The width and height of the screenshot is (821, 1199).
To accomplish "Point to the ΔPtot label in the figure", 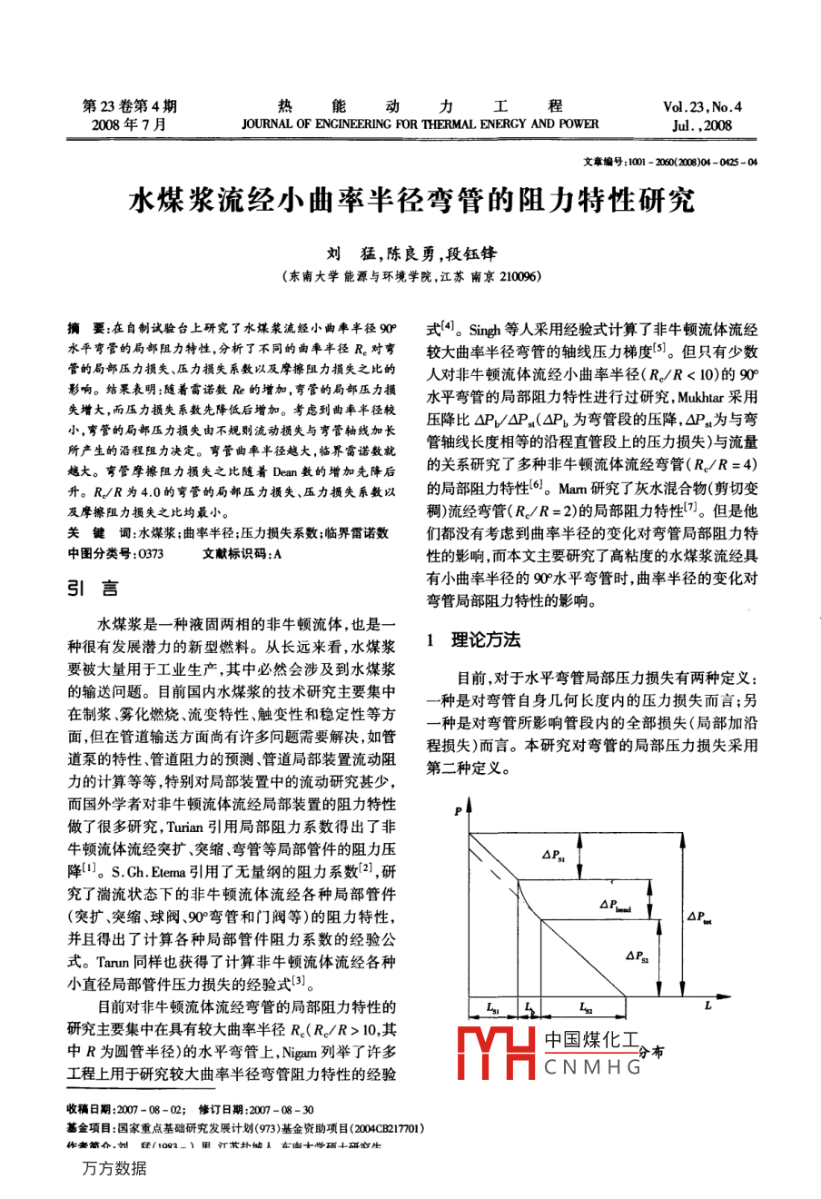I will click(699, 917).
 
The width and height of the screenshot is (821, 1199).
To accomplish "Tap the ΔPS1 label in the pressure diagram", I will click(553, 855).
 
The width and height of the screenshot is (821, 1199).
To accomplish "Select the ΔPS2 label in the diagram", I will click(636, 956).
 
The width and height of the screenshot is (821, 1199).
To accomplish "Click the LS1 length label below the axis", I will click(492, 1008).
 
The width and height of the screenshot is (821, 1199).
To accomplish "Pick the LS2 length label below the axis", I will click(586, 1008).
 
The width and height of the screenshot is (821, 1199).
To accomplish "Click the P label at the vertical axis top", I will click(458, 809).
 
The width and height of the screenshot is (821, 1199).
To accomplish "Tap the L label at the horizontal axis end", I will click(707, 1005).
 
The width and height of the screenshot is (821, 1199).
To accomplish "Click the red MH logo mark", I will click(496, 1054).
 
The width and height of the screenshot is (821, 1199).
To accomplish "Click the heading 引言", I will click(93, 590).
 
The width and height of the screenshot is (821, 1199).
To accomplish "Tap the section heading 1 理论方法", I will click(473, 640).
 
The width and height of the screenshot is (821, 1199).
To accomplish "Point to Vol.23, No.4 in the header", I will click(702, 107).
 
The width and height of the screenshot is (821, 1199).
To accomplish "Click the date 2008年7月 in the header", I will click(129, 125).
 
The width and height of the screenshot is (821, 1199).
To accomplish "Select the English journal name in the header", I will click(420, 124).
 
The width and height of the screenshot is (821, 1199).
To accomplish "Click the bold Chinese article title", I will click(410, 201).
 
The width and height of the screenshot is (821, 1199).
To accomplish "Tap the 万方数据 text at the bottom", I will click(114, 1169).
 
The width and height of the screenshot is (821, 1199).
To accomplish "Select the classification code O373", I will click(148, 553).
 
